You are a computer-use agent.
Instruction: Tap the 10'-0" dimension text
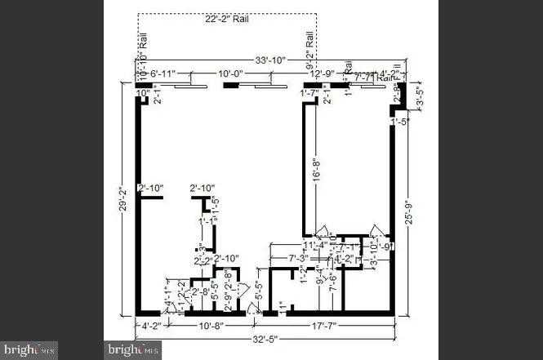point(229,74)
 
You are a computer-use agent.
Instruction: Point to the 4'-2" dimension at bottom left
point(152,326)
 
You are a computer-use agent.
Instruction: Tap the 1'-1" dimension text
point(207,220)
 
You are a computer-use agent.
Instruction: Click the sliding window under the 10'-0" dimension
point(229,84)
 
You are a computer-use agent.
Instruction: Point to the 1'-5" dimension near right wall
point(399,122)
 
